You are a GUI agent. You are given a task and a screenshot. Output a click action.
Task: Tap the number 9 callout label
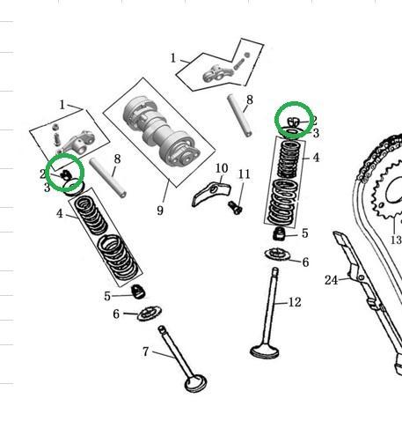[160, 210]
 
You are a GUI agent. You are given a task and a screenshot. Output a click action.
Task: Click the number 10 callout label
[222, 168]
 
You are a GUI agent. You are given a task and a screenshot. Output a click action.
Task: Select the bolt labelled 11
[235, 207]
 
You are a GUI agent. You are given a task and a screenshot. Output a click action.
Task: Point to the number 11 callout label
[245, 174]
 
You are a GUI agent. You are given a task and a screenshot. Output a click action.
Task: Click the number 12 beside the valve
[295, 302]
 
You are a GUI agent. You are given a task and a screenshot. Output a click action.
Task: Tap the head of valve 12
[264, 351]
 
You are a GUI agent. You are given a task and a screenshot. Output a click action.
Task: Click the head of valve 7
[195, 383]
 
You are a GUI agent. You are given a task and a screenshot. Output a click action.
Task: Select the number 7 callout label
[146, 351]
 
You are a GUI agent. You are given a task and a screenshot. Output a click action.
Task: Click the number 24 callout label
[331, 280]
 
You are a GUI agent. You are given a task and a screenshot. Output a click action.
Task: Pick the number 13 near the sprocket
[396, 240]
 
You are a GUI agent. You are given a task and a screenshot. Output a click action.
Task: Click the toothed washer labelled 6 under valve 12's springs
[277, 255]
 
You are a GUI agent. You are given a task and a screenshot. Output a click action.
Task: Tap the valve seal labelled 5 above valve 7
[138, 292]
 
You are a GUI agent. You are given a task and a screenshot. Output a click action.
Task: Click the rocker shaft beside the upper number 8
[239, 115]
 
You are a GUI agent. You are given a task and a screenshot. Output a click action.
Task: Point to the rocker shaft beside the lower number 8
[108, 178]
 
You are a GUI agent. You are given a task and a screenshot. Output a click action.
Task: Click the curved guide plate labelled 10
[211, 193]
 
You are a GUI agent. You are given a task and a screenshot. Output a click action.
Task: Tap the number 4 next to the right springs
[316, 158]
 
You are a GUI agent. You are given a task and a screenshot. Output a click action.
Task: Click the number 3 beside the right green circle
[316, 133]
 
